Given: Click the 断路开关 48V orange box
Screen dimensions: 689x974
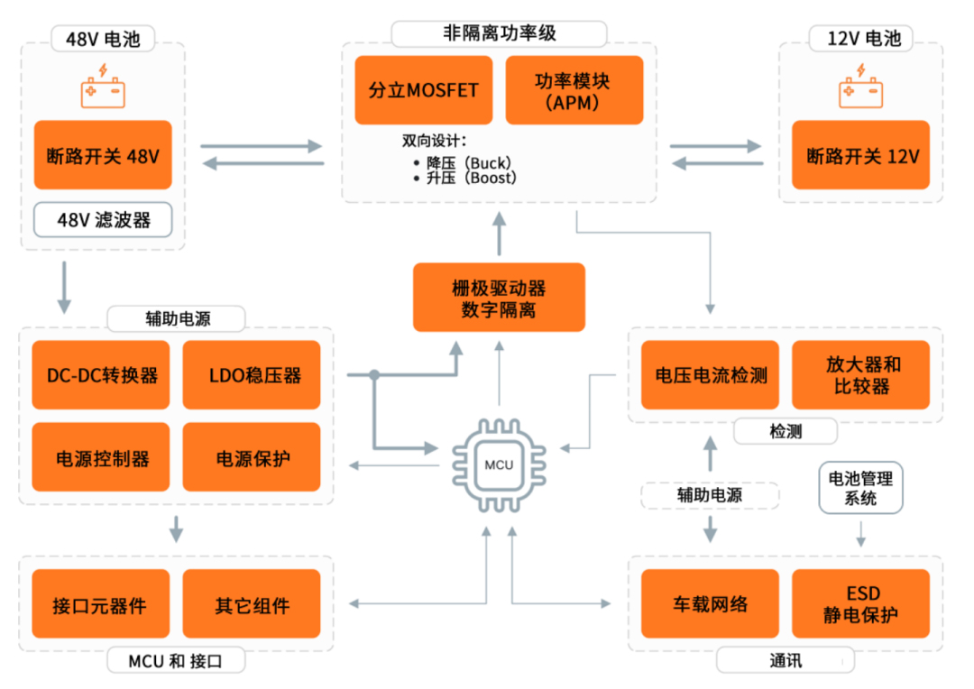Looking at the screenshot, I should (x=103, y=155).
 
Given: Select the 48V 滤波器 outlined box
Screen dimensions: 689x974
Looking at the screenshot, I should (x=103, y=220).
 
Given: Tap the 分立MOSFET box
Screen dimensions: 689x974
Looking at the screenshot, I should (x=424, y=90).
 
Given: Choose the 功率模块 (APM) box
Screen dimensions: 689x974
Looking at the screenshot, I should (x=574, y=90).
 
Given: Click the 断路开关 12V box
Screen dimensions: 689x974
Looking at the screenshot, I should (x=862, y=155).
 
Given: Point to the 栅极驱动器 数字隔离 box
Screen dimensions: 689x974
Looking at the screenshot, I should (x=499, y=298).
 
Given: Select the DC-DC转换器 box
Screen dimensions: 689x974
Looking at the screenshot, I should (x=102, y=375).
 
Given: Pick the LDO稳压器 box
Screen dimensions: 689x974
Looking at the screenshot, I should (x=252, y=375).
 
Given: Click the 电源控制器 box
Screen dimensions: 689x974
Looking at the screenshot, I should (x=102, y=457).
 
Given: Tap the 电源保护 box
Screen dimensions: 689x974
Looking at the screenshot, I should (x=252, y=457).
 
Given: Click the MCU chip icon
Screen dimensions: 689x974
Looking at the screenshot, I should (x=499, y=464).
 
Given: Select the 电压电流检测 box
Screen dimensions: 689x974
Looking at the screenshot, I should (x=711, y=375).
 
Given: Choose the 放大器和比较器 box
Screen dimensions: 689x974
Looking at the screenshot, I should (x=861, y=375).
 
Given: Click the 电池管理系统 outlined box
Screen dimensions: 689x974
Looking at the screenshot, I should (x=860, y=488).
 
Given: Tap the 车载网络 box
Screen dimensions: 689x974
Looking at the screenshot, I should (x=711, y=604).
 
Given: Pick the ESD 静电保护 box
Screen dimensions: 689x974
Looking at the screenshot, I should (x=861, y=604).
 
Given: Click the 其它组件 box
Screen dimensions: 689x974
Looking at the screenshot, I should (x=252, y=604).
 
